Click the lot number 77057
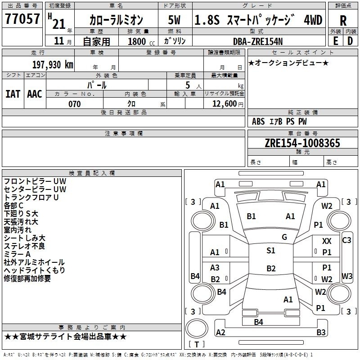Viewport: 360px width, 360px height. pos(22,19)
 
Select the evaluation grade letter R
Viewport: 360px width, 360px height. pos(343,21)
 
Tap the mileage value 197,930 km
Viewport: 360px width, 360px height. pos(53,65)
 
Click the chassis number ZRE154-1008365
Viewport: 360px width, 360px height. pos(302,143)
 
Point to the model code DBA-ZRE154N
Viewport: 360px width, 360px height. pos(257,41)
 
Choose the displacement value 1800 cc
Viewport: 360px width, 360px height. pos(141,41)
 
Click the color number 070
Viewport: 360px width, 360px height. pos(75,104)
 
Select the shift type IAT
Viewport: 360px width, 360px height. pos(13,94)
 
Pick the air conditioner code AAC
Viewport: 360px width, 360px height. pos(35,94)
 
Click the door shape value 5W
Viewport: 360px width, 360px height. pos(174,20)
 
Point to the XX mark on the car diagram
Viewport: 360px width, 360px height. pos(327,241)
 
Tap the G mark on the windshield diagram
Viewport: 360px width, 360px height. pos(284,237)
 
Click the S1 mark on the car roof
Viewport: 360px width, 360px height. pos(271,251)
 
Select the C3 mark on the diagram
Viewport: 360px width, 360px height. pos(346,240)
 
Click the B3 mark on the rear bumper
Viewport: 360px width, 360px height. pos(321,332)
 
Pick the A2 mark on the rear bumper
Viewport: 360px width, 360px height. pos(220,332)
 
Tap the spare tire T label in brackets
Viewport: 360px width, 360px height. pos(197,344)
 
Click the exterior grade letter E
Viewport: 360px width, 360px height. pos(336,41)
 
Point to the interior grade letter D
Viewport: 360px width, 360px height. pos(350,41)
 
